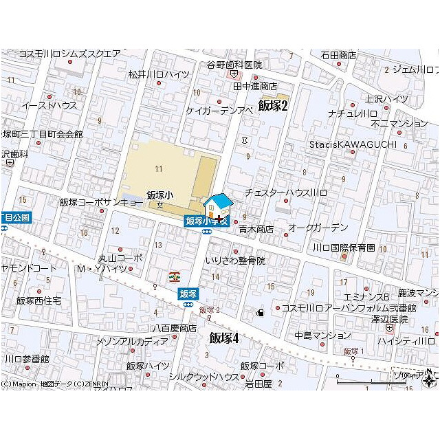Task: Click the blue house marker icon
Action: [219, 206]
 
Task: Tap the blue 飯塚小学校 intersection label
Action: [206, 221]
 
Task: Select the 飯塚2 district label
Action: [272, 104]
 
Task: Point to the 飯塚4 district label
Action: [223, 338]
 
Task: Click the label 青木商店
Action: [256, 229]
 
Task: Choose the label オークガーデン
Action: [318, 227]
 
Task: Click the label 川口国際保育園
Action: [344, 247]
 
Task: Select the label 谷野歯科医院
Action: [235, 65]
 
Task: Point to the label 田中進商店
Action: [255, 86]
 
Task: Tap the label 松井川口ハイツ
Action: [159, 74]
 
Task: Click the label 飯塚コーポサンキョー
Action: [102, 202]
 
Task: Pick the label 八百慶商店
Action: [175, 327]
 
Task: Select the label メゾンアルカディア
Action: [133, 341]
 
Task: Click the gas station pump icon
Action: [260, 313]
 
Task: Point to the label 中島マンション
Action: [322, 335]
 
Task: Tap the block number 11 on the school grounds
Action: [159, 168]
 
